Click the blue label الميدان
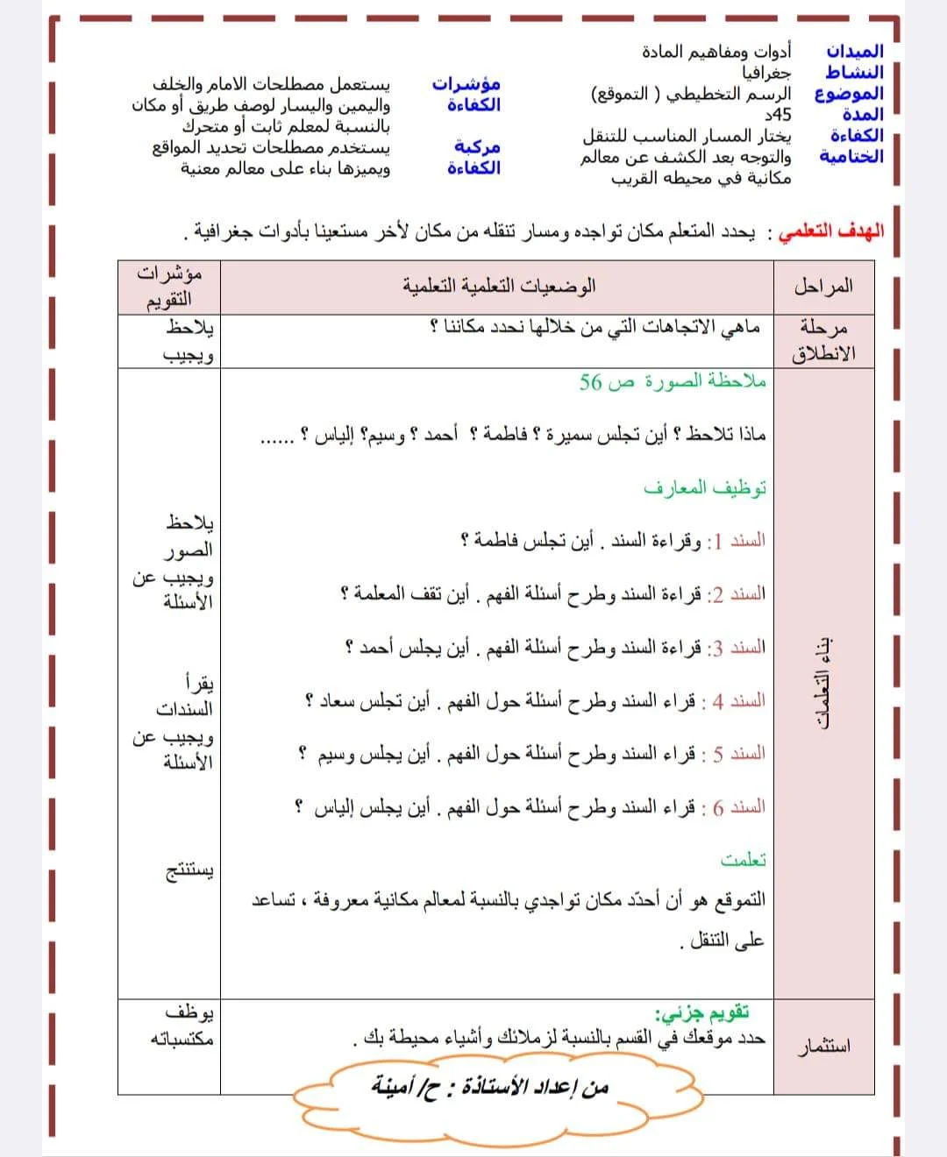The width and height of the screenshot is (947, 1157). tap(854, 52)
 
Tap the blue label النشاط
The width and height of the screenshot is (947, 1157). tap(854, 72)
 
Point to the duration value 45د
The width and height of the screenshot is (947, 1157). tap(778, 115)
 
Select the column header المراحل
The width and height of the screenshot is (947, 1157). tap(823, 287)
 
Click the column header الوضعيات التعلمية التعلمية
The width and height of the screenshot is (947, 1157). tap(499, 287)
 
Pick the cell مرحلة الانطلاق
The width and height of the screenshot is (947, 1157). tap(823, 341)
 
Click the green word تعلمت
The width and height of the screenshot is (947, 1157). tap(744, 861)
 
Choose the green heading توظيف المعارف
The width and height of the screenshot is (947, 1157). tap(705, 488)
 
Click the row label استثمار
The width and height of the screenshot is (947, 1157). tap(823, 1047)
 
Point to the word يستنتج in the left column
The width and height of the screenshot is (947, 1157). tap(189, 872)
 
